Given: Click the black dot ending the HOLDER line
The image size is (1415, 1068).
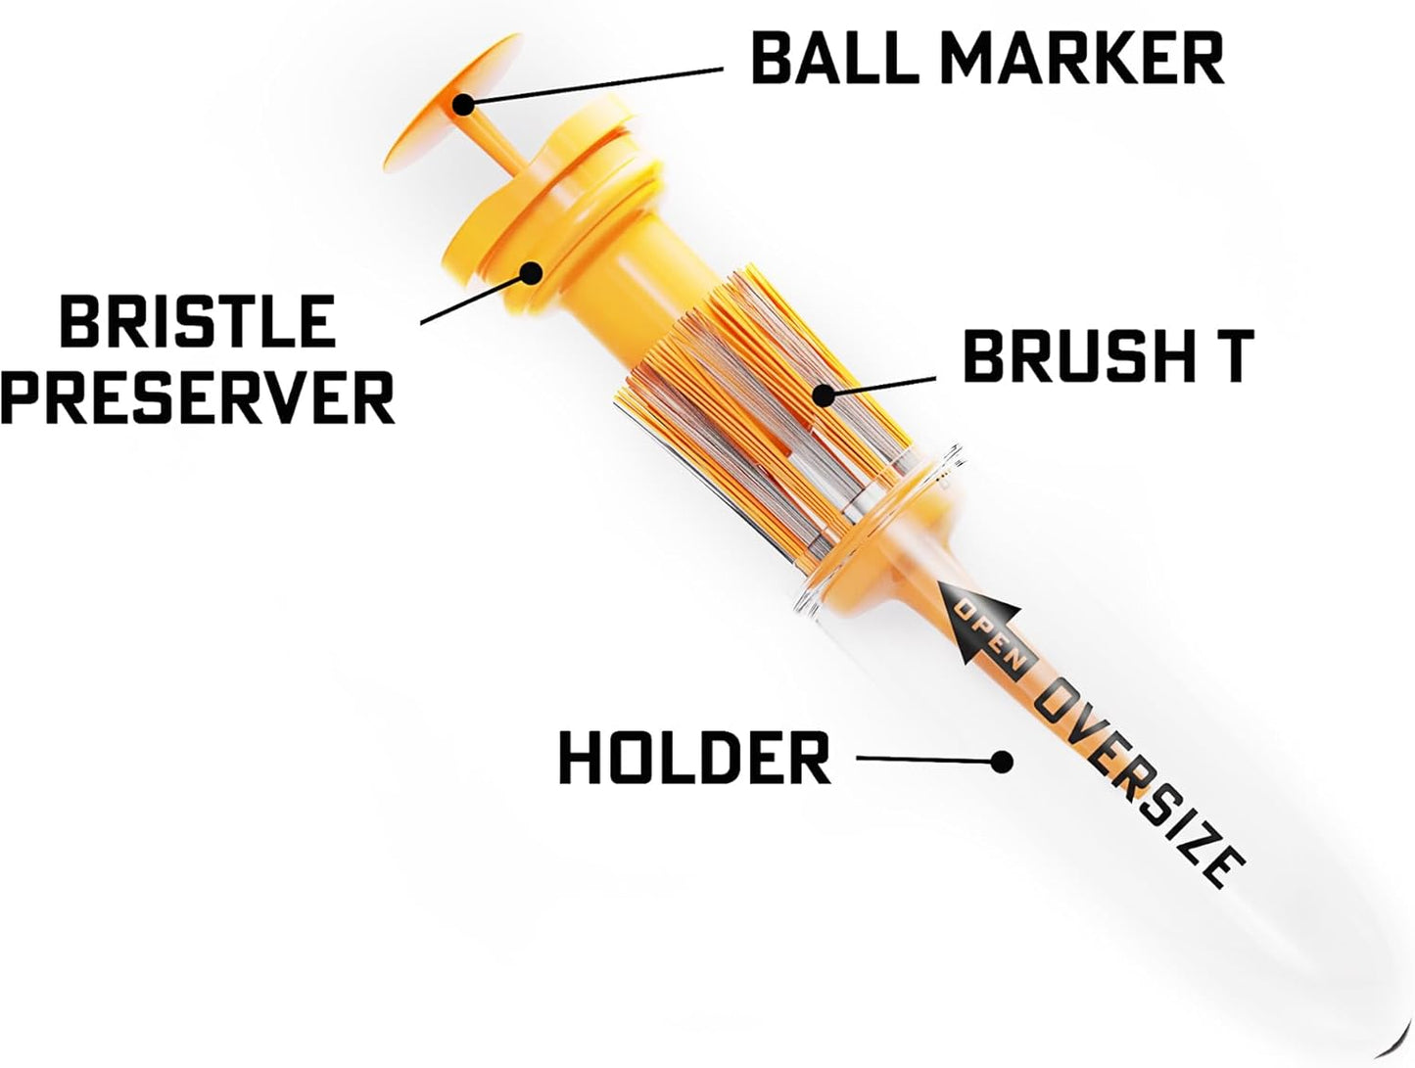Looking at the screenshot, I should [1001, 761].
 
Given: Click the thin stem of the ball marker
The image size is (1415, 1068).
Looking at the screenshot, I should [498, 148].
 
